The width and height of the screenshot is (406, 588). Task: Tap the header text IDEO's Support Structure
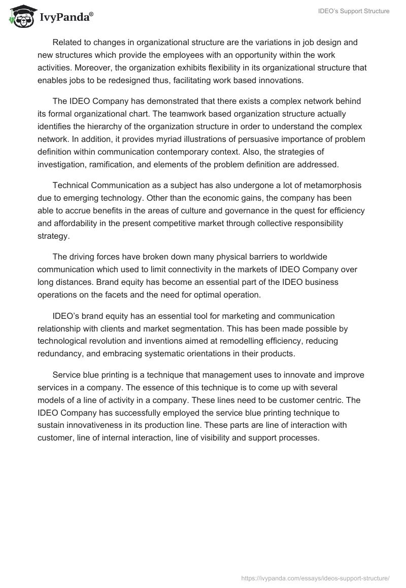(354, 11)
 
